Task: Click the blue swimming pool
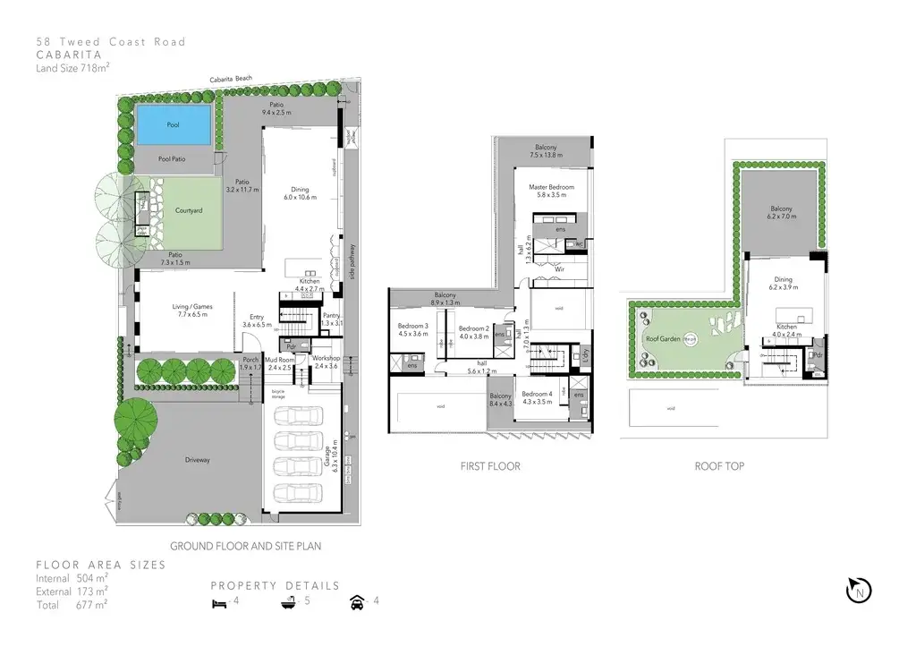[174, 125]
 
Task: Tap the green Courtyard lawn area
[189, 213]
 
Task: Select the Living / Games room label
[190, 310]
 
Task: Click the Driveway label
[198, 460]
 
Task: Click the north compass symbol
[858, 590]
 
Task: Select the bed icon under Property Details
[219, 601]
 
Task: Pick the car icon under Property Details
[358, 601]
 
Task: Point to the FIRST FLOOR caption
[490, 466]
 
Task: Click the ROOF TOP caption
[719, 466]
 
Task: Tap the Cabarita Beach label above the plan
[231, 80]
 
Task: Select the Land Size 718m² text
[72, 67]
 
